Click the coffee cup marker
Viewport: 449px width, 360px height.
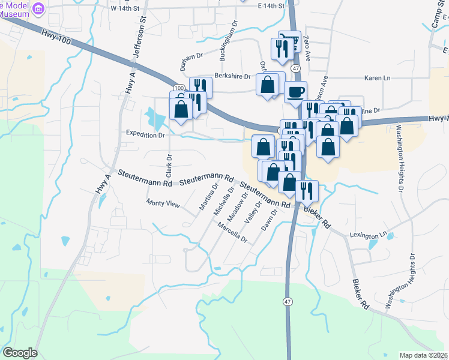(295, 92)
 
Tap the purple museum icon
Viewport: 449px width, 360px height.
(39, 8)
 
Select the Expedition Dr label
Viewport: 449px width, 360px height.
(145, 135)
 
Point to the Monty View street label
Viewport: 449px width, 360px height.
(164, 204)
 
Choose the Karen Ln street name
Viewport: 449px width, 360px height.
(378, 78)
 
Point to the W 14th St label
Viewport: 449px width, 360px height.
(124, 8)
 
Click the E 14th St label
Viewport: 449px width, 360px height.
(270, 5)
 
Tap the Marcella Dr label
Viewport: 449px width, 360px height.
(232, 231)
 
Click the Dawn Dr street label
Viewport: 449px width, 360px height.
(269, 220)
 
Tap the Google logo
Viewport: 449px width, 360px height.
(20, 353)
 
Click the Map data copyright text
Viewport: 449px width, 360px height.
(424, 355)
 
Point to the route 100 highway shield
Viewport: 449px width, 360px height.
(179, 88)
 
